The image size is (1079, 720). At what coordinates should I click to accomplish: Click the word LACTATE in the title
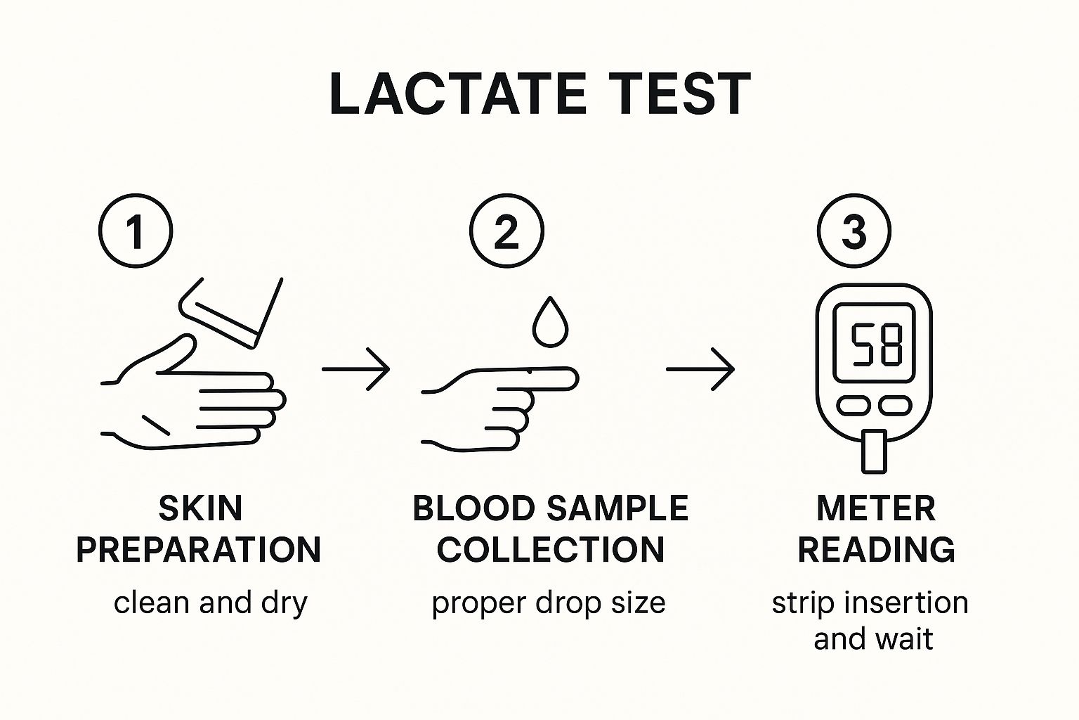tap(457, 94)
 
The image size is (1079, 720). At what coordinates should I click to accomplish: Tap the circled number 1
tap(136, 231)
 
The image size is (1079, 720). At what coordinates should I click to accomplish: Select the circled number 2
tap(506, 231)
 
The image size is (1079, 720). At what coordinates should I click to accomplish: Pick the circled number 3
tap(854, 231)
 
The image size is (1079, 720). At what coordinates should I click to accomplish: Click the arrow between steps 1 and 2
tap(355, 369)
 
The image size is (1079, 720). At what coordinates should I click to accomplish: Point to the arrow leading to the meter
tap(700, 369)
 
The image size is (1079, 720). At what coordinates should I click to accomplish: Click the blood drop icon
tap(550, 321)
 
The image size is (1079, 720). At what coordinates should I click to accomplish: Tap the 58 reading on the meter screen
tap(876, 345)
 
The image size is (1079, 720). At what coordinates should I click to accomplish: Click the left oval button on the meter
tap(853, 406)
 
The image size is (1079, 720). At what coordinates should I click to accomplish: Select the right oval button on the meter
tap(895, 406)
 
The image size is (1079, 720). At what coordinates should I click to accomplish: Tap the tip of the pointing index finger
tap(578, 378)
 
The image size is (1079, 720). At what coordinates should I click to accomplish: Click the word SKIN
tap(200, 509)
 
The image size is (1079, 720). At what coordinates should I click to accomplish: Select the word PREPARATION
tap(199, 549)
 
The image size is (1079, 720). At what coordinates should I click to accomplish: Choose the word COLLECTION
tap(551, 549)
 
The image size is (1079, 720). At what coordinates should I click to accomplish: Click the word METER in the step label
tap(876, 509)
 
